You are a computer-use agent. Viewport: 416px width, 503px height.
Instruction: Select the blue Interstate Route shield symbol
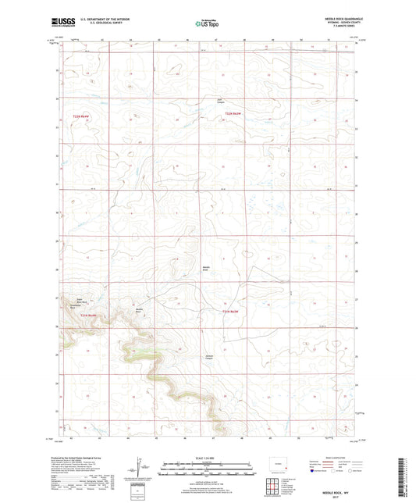[x=313, y=472]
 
